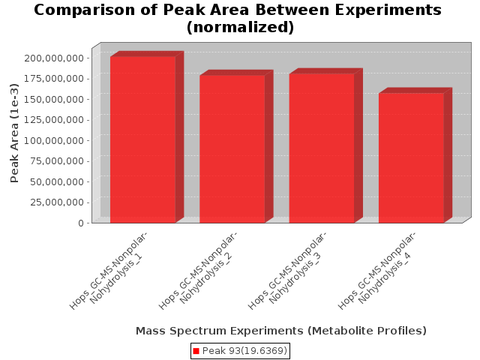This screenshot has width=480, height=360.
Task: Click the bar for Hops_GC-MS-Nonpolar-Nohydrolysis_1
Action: [143, 139]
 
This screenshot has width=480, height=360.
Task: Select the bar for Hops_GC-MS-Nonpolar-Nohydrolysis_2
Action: [232, 149]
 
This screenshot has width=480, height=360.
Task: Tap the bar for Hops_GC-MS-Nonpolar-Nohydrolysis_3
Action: [322, 148]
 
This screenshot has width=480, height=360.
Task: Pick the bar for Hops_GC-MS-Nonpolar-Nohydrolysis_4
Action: [411, 158]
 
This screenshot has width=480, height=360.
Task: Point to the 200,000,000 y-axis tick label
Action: [54, 58]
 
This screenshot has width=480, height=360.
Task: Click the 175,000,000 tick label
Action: [54, 79]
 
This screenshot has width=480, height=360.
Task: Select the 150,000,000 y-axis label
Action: [54, 99]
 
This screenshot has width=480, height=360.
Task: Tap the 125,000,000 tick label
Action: [54, 120]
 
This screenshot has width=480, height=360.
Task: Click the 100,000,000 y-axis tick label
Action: [54, 140]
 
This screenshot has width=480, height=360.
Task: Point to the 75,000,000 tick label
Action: [57, 161]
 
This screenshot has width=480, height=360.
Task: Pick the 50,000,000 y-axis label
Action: [57, 181]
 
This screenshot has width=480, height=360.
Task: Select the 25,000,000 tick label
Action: [57, 202]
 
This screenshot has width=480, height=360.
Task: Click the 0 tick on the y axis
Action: [81, 223]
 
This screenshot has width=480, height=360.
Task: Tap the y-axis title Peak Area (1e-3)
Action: [14, 133]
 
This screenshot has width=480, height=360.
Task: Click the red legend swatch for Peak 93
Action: [196, 351]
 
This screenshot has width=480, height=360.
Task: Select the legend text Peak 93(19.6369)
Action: [244, 351]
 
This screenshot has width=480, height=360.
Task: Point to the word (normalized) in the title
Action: [240, 27]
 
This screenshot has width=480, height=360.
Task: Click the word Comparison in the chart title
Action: [85, 10]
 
